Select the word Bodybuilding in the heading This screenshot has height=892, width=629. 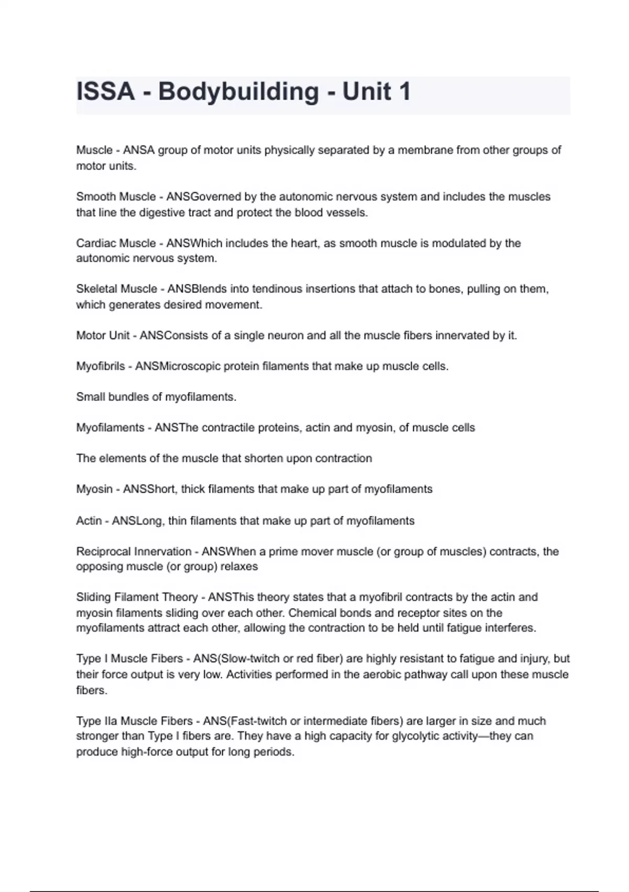tap(238, 92)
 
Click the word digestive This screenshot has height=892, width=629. tap(161, 213)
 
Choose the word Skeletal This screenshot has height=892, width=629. tap(96, 289)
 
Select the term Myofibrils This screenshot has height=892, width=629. tap(100, 366)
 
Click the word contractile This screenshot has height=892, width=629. tap(226, 428)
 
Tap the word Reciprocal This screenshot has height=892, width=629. tap(104, 551)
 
